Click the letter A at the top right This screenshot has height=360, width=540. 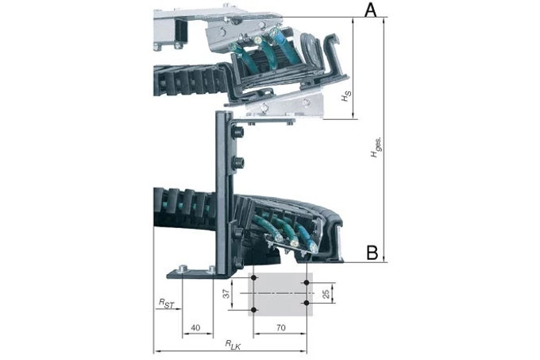coord(370,10)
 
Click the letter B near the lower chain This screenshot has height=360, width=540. coord(371,254)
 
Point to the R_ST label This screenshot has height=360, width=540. coord(165,303)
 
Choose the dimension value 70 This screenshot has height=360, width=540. coord(280,327)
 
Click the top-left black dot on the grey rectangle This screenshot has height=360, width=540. coord(253,277)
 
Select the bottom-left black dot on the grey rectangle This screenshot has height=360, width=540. coord(253,309)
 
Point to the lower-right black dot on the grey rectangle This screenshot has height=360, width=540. coord(307,303)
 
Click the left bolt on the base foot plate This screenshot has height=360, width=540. coord(183,269)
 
